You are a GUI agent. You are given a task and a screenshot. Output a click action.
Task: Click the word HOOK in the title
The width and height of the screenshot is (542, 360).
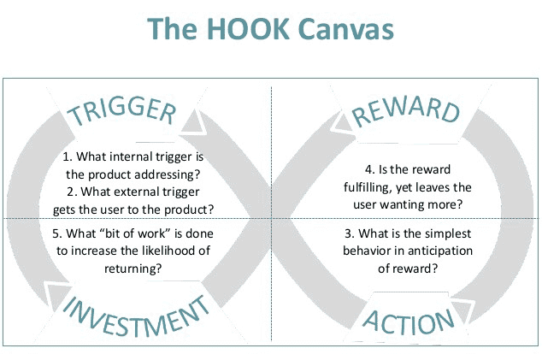(249, 28)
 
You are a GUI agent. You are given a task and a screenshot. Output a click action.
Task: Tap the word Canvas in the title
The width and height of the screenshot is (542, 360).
(345, 28)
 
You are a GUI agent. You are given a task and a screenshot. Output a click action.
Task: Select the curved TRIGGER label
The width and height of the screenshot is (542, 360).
(121, 110)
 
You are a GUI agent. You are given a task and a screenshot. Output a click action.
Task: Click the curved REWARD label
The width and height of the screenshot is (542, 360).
(406, 110)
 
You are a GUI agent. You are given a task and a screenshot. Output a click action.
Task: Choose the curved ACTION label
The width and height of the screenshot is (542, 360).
(409, 322)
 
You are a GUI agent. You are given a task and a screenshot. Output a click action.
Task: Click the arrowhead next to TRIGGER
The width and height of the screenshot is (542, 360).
(193, 121)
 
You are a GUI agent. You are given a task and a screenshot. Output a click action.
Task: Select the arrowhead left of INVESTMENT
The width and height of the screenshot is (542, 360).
(56, 295)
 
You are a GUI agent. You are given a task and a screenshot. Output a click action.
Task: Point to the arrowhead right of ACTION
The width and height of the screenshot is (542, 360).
(462, 310)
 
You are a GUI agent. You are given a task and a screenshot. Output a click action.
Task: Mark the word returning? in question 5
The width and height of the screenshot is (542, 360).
(133, 269)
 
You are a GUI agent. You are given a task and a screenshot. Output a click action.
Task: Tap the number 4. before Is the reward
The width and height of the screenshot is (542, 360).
(370, 170)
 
